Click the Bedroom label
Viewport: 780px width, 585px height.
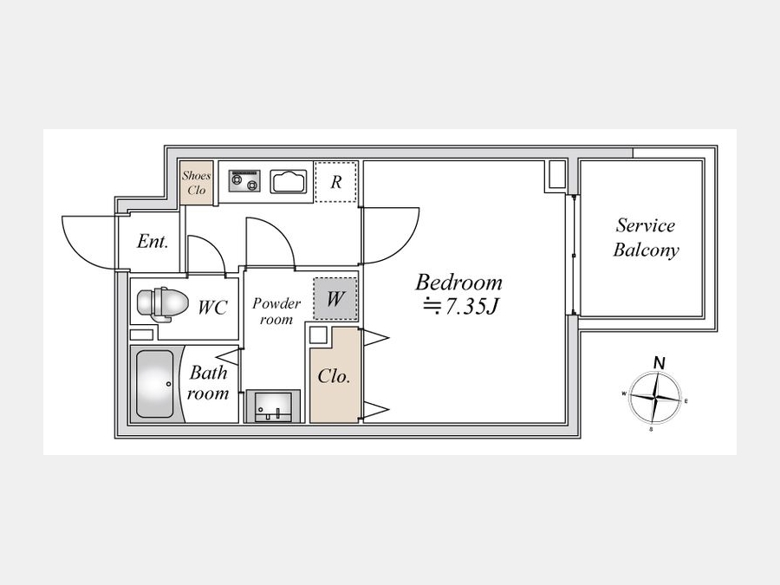(x=458, y=283)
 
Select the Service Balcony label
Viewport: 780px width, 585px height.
(x=646, y=237)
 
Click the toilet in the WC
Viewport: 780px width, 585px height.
(x=163, y=302)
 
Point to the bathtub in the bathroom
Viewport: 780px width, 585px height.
(x=155, y=384)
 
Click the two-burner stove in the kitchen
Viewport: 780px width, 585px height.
(x=244, y=180)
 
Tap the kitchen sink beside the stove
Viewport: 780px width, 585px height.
(x=288, y=181)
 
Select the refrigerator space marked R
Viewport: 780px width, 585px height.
(x=335, y=182)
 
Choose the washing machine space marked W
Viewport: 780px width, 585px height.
(x=335, y=298)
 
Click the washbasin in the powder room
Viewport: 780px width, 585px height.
(x=273, y=406)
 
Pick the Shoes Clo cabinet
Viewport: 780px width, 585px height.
(x=197, y=183)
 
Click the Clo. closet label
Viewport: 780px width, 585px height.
(x=334, y=376)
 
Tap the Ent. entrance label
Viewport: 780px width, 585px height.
(x=153, y=242)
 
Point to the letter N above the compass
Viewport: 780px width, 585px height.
(x=660, y=363)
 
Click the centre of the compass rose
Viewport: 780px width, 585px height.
(x=654, y=397)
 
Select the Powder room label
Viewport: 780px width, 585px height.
(x=276, y=311)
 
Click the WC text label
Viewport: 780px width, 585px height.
(x=212, y=307)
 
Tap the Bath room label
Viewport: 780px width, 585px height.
(x=208, y=383)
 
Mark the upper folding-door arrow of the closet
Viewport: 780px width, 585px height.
(x=374, y=338)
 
